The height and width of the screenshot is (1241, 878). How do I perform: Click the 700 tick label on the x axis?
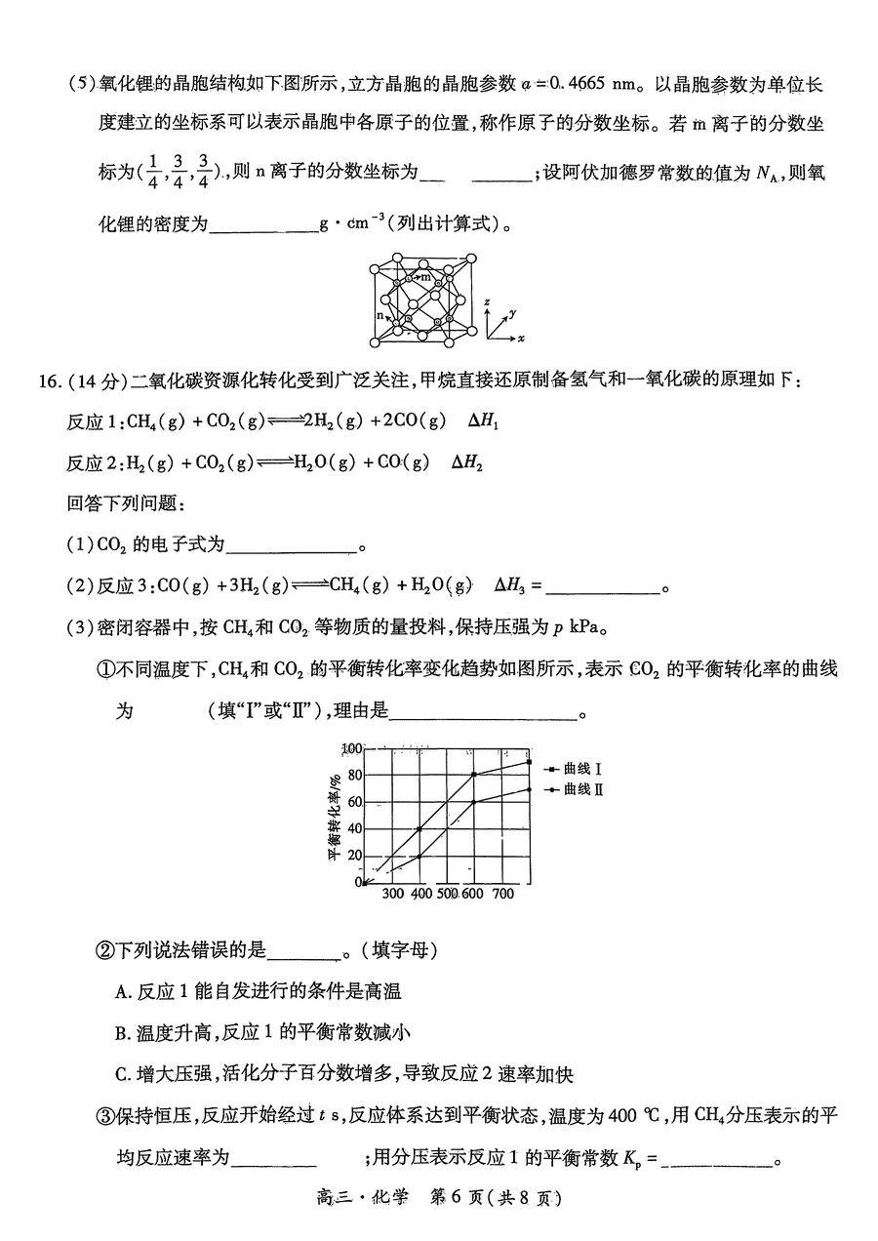(x=503, y=894)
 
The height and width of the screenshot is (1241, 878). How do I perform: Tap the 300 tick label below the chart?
(x=393, y=894)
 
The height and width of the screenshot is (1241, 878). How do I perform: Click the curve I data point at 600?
(x=474, y=775)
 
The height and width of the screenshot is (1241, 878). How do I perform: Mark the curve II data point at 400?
(x=419, y=857)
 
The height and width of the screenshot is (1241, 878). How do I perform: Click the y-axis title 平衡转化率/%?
(x=334, y=817)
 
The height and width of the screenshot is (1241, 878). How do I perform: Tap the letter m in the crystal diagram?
(x=426, y=278)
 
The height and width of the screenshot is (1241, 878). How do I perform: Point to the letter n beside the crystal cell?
(x=379, y=316)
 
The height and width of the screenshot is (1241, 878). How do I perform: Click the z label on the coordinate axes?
(x=486, y=303)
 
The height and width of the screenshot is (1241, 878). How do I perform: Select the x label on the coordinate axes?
(x=522, y=338)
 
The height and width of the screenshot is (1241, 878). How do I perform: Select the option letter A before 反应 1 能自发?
(x=121, y=992)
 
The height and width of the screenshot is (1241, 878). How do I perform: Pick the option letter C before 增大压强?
(x=121, y=1074)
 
